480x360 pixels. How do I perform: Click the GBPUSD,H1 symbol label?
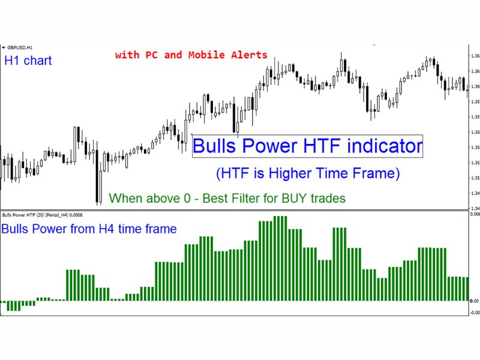click(x=20, y=47)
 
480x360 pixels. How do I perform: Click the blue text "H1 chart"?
click(x=28, y=61)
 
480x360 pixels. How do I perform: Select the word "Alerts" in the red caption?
click(x=250, y=55)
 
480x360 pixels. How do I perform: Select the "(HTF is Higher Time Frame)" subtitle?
click(x=307, y=174)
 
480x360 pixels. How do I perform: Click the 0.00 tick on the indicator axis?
click(x=474, y=300)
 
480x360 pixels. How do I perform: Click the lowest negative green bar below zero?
click(x=14, y=306)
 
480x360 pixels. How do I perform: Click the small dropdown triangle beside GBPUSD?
click(x=4, y=47)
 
